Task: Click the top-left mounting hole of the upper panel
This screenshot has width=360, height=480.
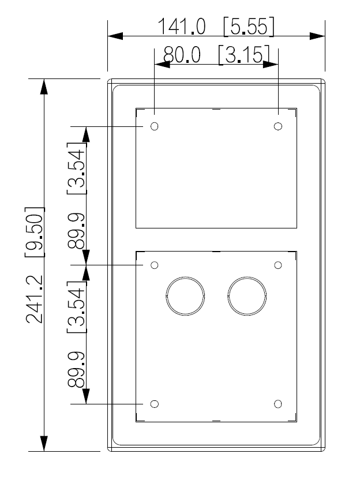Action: pos(154,126)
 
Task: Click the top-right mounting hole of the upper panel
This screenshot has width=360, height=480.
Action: pos(278,126)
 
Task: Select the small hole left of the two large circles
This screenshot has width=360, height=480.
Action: pos(154,265)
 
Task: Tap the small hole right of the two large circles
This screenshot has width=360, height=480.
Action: pos(278,265)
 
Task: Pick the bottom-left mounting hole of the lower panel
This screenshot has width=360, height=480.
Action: pos(154,404)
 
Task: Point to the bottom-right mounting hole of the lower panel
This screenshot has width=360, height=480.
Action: pos(278,404)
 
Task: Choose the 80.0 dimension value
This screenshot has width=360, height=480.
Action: pos(181,55)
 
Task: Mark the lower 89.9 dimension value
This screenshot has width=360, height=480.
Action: pos(77,370)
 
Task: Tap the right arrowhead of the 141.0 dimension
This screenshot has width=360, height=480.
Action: pos(318,36)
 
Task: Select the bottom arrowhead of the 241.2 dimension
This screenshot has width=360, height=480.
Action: pos(43,444)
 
